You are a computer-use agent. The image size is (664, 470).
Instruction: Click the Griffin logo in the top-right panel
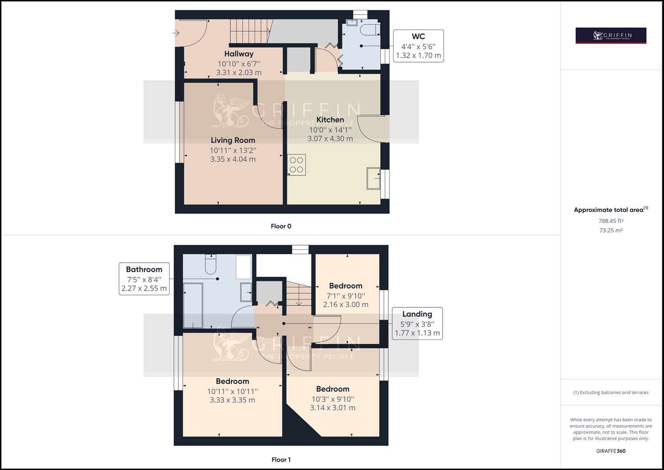611,36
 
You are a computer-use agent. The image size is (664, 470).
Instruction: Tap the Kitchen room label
330,120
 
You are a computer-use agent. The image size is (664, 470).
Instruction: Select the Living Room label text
233,140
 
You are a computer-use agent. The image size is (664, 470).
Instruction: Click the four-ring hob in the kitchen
297,165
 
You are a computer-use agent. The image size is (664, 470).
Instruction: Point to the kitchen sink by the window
373,178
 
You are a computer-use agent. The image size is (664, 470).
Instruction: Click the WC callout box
418,46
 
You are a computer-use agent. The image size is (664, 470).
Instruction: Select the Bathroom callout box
144,279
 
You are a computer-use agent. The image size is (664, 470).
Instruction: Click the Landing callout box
417,323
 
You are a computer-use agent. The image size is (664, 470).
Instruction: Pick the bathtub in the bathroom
193,305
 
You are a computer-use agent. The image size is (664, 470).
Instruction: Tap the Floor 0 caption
281,226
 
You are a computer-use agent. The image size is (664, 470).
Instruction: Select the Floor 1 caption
281,460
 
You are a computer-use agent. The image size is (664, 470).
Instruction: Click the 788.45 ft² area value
611,221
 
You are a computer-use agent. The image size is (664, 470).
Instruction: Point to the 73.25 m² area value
611,231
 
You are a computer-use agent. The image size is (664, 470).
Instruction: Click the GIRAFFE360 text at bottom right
611,451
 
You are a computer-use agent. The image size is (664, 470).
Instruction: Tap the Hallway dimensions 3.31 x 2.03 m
239,73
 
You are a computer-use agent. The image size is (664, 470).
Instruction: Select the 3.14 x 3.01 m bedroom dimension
333,408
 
